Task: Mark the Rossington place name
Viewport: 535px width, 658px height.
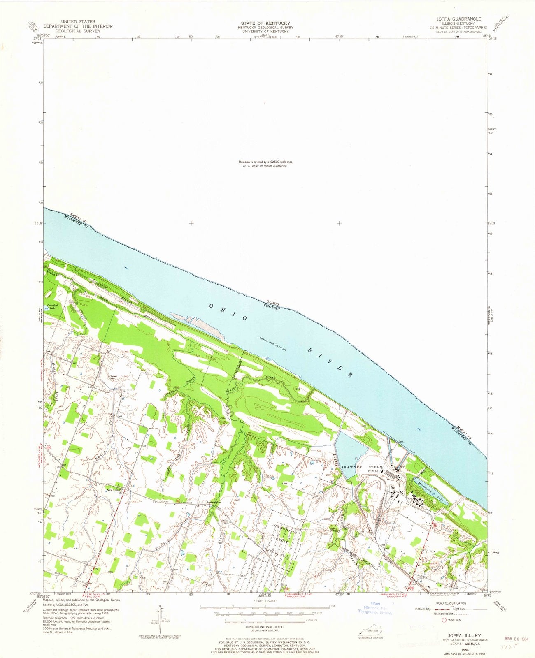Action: [214, 503]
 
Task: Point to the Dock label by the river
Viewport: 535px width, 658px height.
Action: [401, 443]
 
